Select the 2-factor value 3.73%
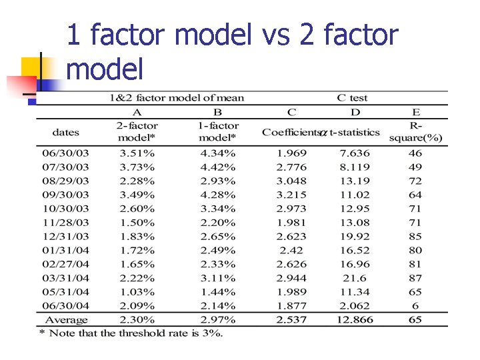tap(137, 167)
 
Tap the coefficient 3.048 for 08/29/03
tap(291, 181)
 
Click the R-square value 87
tap(415, 278)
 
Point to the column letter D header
tap(355, 112)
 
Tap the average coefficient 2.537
tap(291, 320)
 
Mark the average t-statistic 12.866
tap(354, 320)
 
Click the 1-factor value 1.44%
tap(217, 292)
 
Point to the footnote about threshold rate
tap(131, 333)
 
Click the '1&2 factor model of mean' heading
tap(177, 98)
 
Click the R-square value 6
tap(415, 306)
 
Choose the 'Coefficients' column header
tap(291, 132)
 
